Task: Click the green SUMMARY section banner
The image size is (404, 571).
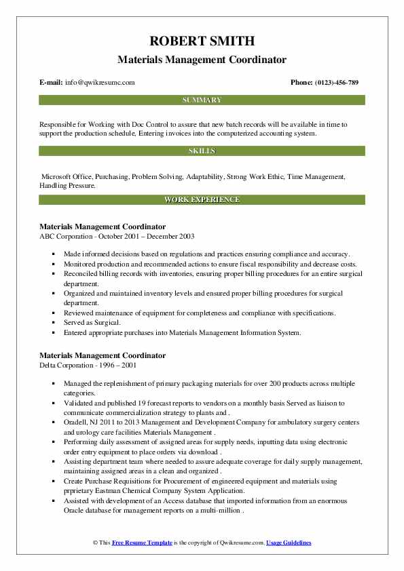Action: [202, 100]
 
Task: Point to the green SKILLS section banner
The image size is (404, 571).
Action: [202, 151]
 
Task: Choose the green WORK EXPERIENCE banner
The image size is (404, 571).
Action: [202, 199]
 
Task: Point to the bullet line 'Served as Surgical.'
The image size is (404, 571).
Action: [92, 323]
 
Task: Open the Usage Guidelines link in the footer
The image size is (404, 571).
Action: [289, 543]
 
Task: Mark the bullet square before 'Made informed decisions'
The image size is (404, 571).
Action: [54, 253]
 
